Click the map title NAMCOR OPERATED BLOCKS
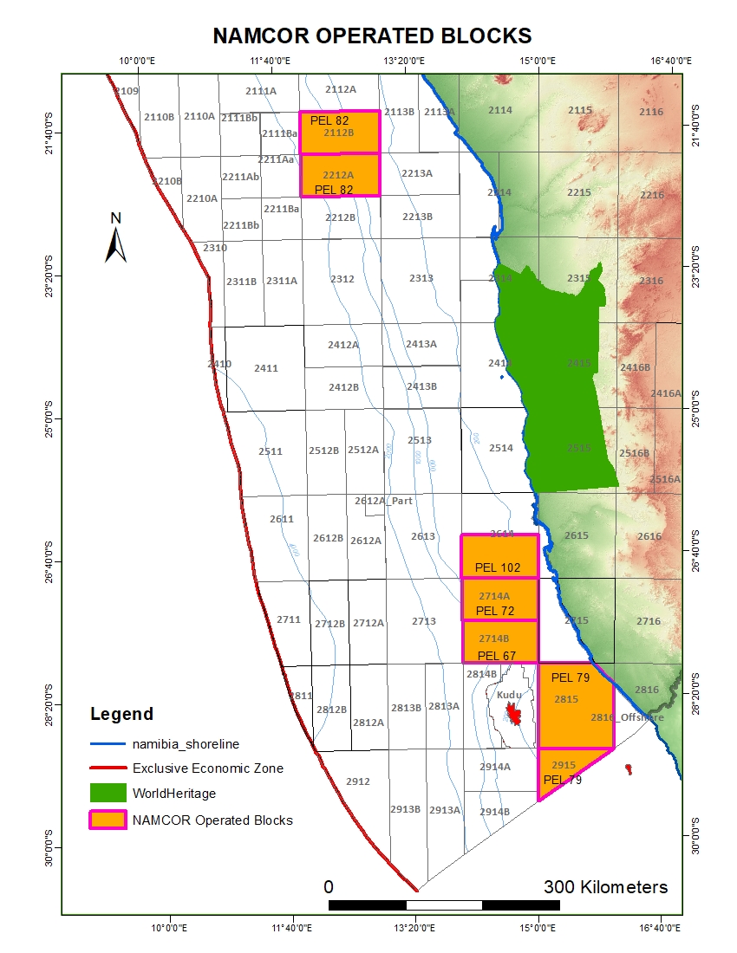point(372,36)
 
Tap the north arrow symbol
point(116,242)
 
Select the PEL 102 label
point(498,568)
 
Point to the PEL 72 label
point(495,611)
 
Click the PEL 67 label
point(497,655)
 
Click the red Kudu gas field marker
point(514,714)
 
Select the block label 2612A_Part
point(383,501)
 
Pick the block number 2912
point(358,781)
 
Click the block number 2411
point(266,368)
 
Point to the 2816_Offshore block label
point(627,717)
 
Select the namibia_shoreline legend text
point(186,743)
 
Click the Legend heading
point(121,715)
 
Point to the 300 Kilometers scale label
point(605,887)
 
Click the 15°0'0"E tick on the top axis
point(538,61)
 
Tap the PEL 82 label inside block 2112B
point(329,120)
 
